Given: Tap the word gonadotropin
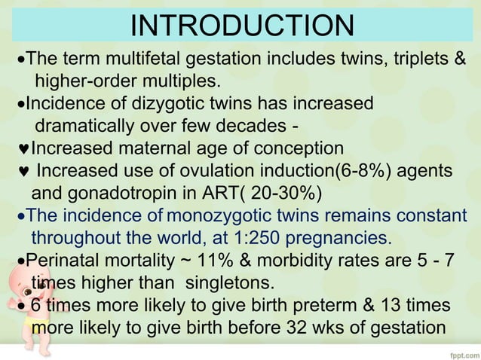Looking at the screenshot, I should (139, 192).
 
